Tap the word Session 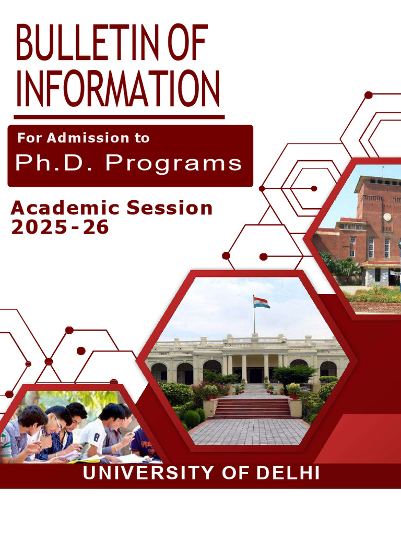coord(170,209)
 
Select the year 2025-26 coord(60,227)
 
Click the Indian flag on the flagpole coord(262,302)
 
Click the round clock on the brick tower coord(387,216)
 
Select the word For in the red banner coord(29,138)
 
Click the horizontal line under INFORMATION coord(119,117)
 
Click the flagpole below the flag coord(254,323)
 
